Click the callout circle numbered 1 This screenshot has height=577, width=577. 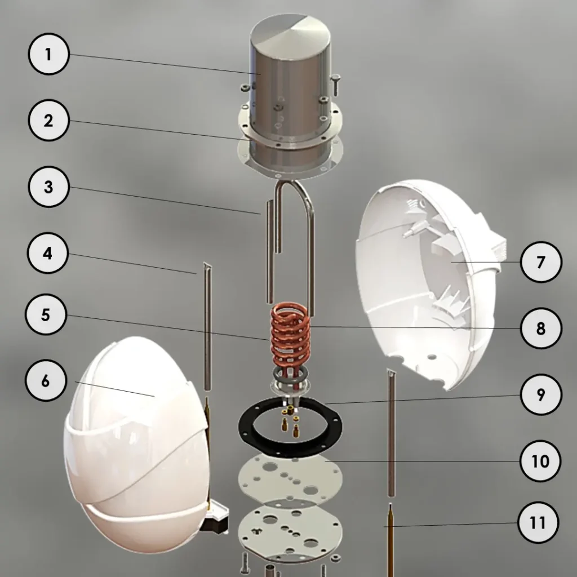pos(48,54)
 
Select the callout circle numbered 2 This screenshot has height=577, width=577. pos(48,121)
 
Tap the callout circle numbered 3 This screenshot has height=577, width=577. pos(48,187)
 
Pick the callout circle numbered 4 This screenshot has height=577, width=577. pos(47,253)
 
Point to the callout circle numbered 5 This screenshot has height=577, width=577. pos(46,314)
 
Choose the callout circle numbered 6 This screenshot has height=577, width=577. pos(46,380)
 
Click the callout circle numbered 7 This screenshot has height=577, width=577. pos(541,262)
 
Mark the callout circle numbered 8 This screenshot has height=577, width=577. pos(541,329)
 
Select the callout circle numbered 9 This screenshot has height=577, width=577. pos(541,394)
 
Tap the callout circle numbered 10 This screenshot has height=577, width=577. pos(540,461)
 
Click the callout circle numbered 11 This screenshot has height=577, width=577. pos(538,522)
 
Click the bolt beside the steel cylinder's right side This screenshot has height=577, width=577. pos(336,85)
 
